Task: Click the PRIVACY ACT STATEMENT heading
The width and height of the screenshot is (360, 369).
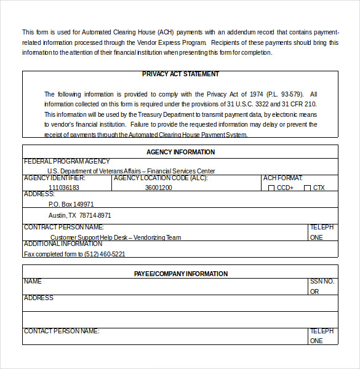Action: click(180, 74)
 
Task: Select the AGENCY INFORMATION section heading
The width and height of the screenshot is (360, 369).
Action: click(180, 152)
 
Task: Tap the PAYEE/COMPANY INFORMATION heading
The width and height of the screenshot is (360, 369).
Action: click(180, 274)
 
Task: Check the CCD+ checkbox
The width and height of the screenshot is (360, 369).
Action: click(271, 188)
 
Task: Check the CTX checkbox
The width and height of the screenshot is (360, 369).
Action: click(307, 188)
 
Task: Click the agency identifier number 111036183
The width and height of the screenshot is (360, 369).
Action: click(64, 188)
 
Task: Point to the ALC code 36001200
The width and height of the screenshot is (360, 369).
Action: click(159, 188)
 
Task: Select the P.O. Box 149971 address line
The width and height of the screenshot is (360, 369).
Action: click(71, 204)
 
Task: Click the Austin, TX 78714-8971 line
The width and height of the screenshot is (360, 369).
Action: click(80, 215)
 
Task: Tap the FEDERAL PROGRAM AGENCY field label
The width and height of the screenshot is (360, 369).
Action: click(66, 162)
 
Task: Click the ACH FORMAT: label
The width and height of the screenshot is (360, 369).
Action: click(282, 178)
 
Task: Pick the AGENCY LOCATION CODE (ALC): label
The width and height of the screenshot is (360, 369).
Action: click(161, 178)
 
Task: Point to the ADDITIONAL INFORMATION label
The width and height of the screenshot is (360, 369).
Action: click(63, 244)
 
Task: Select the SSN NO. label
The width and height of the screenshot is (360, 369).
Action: click(322, 282)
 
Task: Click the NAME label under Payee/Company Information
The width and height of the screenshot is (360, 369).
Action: click(33, 282)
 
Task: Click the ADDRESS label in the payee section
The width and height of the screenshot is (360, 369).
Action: click(38, 298)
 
